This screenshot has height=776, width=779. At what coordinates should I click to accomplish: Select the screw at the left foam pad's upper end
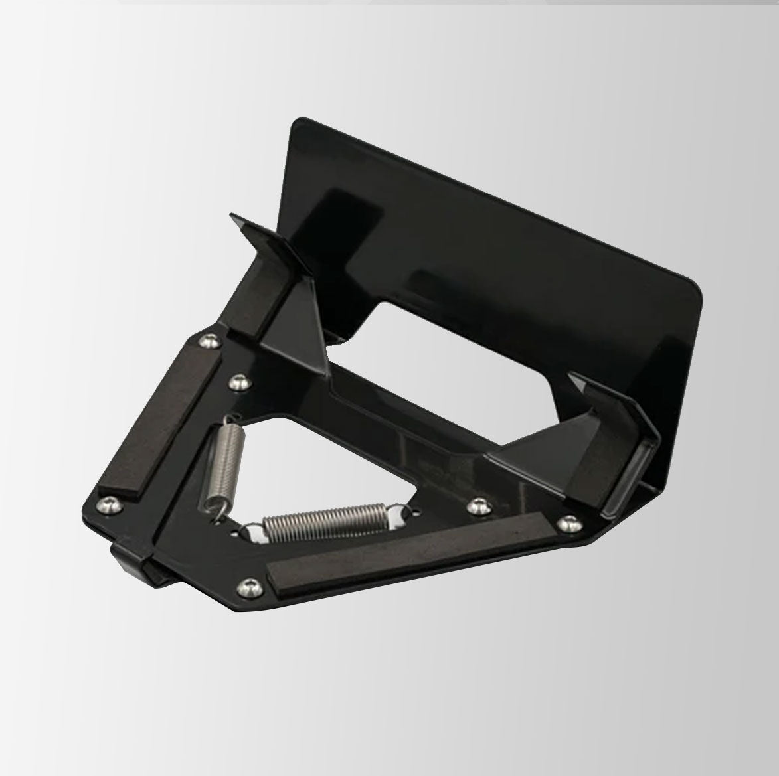pyautogui.click(x=210, y=341)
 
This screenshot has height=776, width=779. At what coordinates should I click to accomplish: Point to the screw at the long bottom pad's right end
pyautogui.click(x=566, y=524)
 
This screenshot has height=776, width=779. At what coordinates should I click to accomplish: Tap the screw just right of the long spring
pyautogui.click(x=475, y=506)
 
